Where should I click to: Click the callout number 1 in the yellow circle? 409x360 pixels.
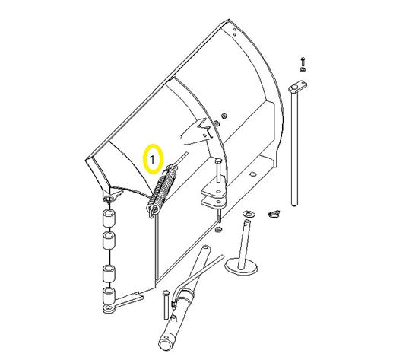point(152,159)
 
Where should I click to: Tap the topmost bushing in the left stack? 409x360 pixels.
point(109,218)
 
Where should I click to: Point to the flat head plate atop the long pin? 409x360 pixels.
point(297,87)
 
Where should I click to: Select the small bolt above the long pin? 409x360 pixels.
point(303,64)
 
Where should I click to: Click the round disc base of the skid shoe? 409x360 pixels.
point(241,266)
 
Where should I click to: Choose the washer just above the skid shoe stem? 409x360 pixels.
point(249,214)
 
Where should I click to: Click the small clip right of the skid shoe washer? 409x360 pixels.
point(274,214)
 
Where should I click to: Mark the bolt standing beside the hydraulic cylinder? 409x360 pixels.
point(166,304)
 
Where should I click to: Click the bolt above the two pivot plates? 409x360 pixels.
point(218,170)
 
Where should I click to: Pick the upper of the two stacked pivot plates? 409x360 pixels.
point(213,191)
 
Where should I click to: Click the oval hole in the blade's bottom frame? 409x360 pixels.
point(252,174)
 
